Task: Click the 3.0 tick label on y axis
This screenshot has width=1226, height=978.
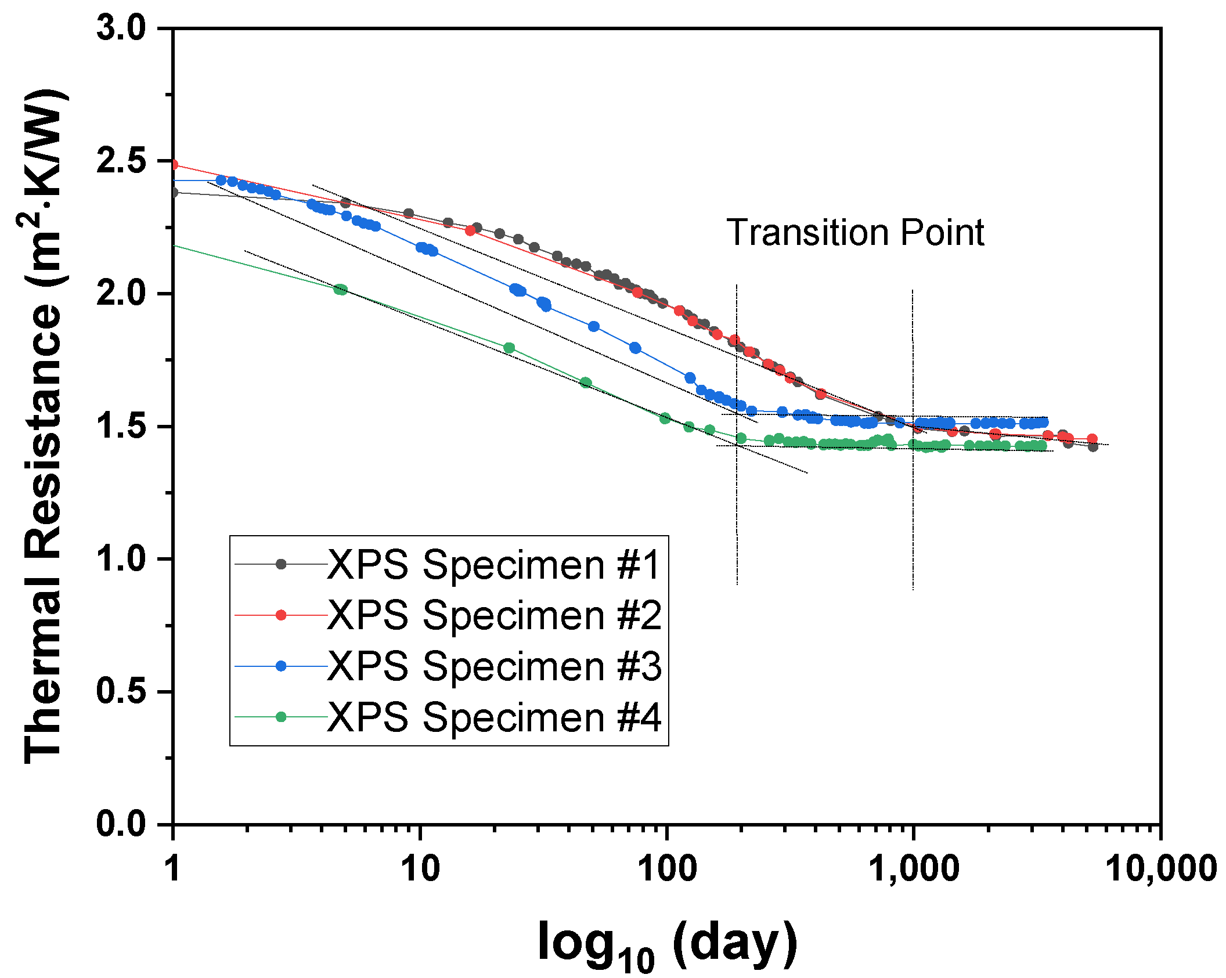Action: tap(121, 28)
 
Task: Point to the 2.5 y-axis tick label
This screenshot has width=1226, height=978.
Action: tap(121, 161)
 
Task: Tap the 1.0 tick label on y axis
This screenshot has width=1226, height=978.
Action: tap(121, 559)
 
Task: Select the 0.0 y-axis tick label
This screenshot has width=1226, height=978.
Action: tap(121, 824)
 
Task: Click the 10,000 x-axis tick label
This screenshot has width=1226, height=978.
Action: tap(1160, 869)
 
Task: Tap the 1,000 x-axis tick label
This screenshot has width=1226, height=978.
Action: tap(913, 869)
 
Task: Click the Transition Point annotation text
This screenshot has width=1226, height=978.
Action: tap(855, 233)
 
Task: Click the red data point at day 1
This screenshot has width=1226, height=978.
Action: tap(174, 165)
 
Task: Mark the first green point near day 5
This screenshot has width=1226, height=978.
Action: tap(340, 290)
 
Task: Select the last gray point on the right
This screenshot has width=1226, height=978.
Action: tap(1093, 446)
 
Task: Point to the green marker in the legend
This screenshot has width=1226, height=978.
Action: tap(281, 717)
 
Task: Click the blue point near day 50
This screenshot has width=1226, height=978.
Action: tap(593, 326)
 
